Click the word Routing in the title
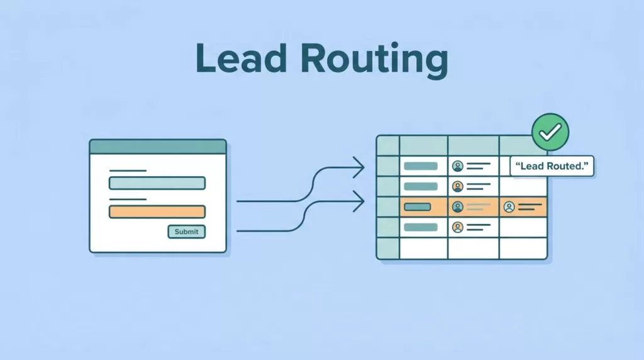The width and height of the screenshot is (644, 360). (x=374, y=60)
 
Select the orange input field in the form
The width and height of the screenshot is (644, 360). (x=157, y=211)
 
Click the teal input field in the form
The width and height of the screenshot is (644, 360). (x=157, y=183)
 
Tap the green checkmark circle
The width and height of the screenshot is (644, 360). (x=550, y=132)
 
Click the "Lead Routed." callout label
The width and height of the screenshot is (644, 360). (x=552, y=166)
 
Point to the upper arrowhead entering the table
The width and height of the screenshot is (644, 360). (x=359, y=167)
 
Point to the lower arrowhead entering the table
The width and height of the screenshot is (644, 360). (x=359, y=201)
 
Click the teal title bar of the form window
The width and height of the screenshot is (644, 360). (x=158, y=147)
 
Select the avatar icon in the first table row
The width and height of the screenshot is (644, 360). (x=458, y=166)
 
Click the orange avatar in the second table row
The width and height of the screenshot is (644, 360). (x=458, y=186)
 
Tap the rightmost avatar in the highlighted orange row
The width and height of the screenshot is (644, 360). (x=509, y=206)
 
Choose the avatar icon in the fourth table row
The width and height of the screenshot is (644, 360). (x=458, y=227)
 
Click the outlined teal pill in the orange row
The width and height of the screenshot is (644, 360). (x=418, y=206)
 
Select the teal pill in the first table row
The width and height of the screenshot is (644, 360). (x=421, y=166)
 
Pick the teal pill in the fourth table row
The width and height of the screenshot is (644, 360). (x=421, y=227)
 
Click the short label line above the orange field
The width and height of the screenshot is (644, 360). (x=128, y=200)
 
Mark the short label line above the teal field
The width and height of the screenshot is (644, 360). (x=128, y=171)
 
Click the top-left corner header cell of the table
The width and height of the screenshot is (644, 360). (x=388, y=146)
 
